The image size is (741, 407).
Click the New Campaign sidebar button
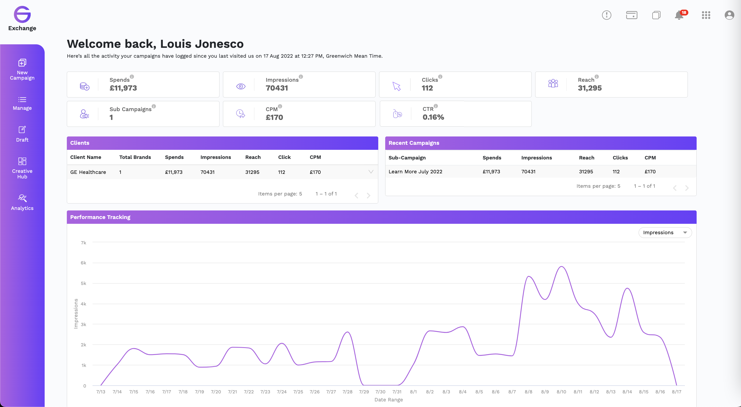click(x=22, y=69)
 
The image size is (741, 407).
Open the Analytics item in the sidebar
click(x=22, y=202)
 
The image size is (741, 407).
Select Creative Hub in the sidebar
click(x=22, y=168)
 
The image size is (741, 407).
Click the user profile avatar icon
click(x=729, y=15)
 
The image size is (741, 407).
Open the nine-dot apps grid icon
click(x=706, y=15)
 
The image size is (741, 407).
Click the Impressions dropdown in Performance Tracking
click(x=665, y=233)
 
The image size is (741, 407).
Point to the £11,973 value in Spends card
click(x=123, y=88)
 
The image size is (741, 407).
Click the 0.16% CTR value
click(x=433, y=117)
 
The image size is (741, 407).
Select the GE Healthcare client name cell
click(x=88, y=172)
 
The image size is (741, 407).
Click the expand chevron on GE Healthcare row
click(x=371, y=172)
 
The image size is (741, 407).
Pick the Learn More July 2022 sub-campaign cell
click(x=415, y=172)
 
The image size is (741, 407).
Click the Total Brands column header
click(x=135, y=157)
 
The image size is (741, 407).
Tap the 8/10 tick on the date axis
click(x=561, y=392)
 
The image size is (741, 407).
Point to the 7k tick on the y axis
click(x=83, y=243)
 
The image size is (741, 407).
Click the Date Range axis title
click(x=389, y=400)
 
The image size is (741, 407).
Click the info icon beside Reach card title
click(x=597, y=77)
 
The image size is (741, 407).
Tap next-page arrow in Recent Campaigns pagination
click(x=687, y=188)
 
